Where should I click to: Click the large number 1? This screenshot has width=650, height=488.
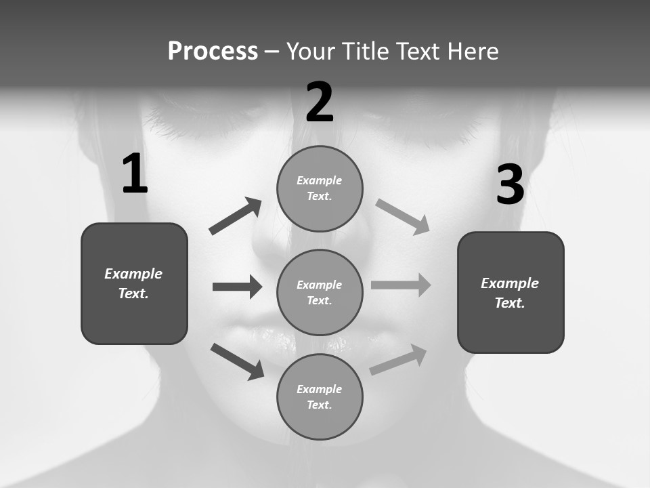135,174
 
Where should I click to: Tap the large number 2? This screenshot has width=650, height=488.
320,102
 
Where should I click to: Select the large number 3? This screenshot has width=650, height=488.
510,184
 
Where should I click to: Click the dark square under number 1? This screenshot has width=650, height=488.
134,283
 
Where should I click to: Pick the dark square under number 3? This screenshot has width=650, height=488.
511,292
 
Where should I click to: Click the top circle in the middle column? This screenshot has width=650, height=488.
320,188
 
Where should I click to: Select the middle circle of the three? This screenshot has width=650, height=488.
320,292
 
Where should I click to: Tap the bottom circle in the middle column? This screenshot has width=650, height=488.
320,396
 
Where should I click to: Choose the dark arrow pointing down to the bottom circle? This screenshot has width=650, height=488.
237,361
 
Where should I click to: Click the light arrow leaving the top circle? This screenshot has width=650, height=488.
403,216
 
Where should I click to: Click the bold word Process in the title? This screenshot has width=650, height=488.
213,51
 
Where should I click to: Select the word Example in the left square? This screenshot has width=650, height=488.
133,274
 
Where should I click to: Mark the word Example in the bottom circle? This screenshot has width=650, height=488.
319,389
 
